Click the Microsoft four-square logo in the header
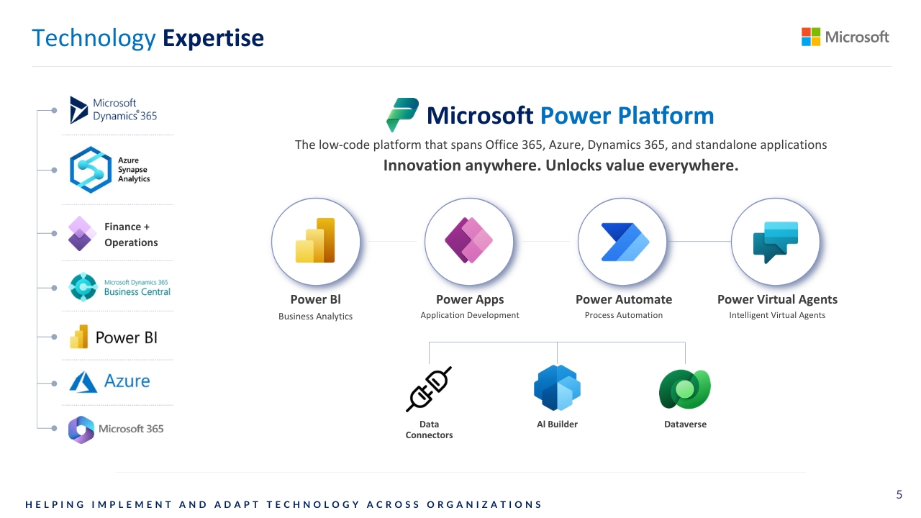[810, 37]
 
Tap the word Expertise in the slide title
[213, 38]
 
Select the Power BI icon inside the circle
[315, 240]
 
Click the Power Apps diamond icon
[468, 240]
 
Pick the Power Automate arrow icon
[625, 242]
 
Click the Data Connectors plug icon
[429, 389]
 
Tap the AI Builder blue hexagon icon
[557, 388]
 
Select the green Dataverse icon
[684, 389]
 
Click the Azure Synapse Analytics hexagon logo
[91, 170]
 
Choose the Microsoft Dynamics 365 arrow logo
[78, 110]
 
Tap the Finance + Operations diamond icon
[81, 234]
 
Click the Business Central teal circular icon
[83, 287]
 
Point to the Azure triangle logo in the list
[83, 382]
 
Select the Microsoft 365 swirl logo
[81, 430]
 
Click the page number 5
[899, 494]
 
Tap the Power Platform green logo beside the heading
[402, 114]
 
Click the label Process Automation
[624, 315]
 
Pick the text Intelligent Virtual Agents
[777, 315]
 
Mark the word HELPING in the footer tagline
[55, 504]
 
